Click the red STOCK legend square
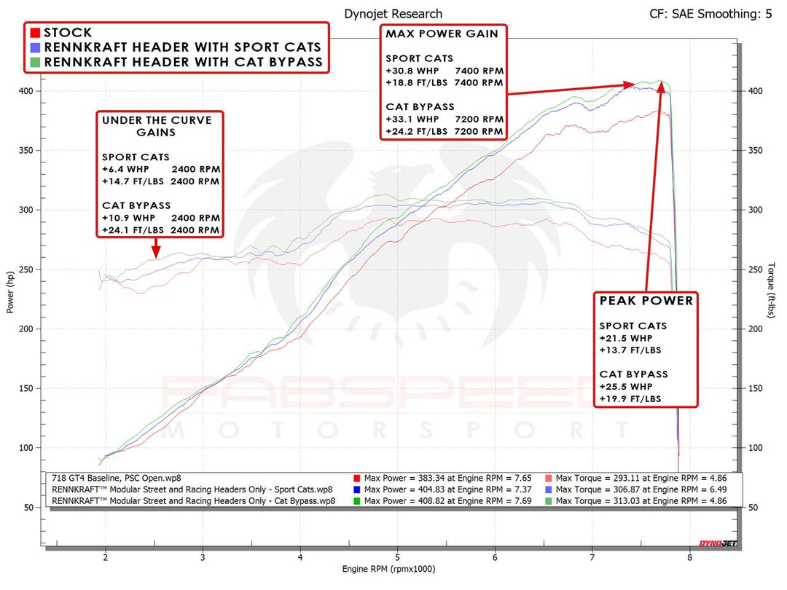click(x=34, y=33)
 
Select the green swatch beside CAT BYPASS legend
click(x=34, y=62)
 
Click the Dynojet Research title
click(x=393, y=14)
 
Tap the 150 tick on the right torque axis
click(x=755, y=388)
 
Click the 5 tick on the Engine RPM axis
click(x=398, y=557)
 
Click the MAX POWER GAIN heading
click(x=442, y=34)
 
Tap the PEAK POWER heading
click(x=646, y=300)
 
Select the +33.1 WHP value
click(x=412, y=119)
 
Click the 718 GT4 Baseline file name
click(x=117, y=478)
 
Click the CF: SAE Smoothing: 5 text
click(x=710, y=14)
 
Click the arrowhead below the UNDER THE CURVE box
click(x=155, y=254)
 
